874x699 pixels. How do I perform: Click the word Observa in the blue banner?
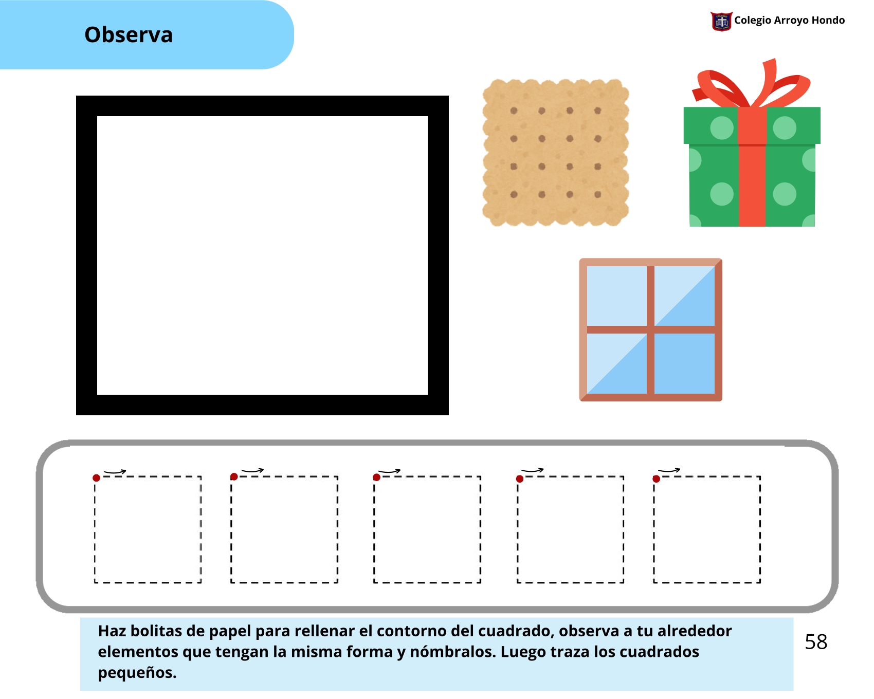pos(129,35)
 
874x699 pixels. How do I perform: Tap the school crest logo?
pos(721,21)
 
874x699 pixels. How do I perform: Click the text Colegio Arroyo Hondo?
pos(789,20)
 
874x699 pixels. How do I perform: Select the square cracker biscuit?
pos(556,153)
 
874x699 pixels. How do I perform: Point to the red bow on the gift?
pos(752,85)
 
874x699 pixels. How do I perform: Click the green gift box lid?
pos(752,125)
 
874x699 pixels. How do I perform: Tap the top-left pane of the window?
pos(616,296)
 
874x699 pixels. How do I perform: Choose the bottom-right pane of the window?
pos(684,363)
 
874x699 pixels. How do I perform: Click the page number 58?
pos(816,642)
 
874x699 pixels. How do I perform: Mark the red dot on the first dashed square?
pos(96,478)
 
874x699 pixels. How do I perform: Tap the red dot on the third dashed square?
pos(376,477)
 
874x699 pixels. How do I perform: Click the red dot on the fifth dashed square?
pos(656,479)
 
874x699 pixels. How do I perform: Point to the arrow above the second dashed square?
pos(252,470)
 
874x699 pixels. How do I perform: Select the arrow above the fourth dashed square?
pos(532,470)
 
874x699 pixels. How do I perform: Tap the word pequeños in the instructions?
pos(137,673)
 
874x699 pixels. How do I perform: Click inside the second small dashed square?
pos(284,529)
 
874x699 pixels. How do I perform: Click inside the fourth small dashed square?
pos(570,529)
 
